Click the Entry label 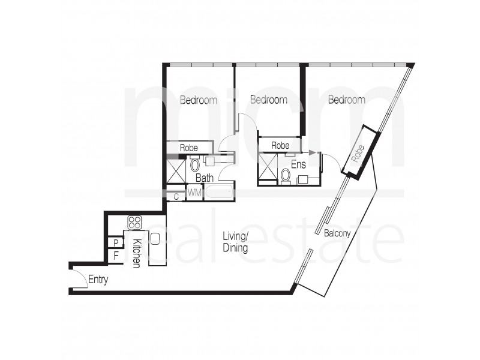pos(98,279)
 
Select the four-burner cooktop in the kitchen pos(134,223)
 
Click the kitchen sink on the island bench pos(154,238)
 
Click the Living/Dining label pos(236,241)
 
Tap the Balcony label pos(337,233)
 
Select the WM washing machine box pos(194,193)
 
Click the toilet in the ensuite pos(286,175)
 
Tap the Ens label pos(298,163)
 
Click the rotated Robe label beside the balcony pos(358,154)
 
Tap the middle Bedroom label pos(268,100)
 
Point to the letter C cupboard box pos(176,196)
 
